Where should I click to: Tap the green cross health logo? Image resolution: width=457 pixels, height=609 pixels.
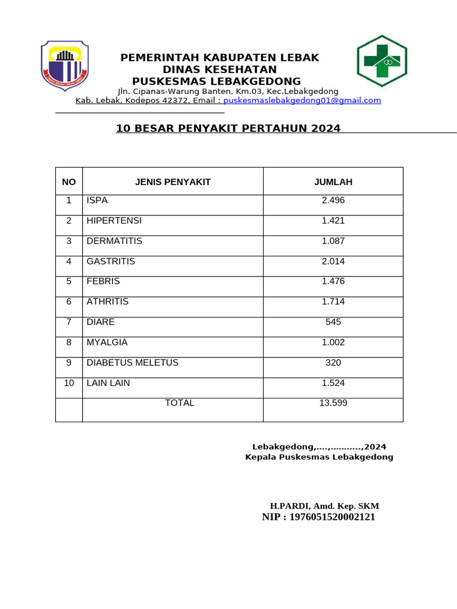381,61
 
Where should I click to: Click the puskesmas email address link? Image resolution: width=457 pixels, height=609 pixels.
302,101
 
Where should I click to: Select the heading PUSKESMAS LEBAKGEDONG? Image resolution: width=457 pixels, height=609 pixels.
217,81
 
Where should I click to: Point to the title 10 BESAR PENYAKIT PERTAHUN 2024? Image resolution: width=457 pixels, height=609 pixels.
228,128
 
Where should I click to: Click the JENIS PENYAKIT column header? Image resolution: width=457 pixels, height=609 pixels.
173,182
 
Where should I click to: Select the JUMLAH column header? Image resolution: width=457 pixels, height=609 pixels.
333,182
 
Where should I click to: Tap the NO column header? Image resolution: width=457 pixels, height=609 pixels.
69,182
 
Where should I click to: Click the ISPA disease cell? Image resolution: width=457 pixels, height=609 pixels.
97,200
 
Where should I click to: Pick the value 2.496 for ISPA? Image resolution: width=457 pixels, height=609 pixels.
333,200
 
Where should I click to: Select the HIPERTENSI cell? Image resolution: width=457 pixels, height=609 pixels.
114,221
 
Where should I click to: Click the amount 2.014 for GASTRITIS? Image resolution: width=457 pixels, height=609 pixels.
333,262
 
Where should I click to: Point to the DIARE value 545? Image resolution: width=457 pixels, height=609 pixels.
333,322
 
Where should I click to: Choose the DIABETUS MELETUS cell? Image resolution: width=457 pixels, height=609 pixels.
132,363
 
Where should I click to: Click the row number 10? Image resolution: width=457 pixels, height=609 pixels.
69,383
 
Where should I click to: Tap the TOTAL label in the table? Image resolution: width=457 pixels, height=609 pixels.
179,403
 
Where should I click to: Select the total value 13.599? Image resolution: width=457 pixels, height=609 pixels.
333,403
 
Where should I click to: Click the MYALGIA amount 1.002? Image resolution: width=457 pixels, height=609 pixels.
333,343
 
